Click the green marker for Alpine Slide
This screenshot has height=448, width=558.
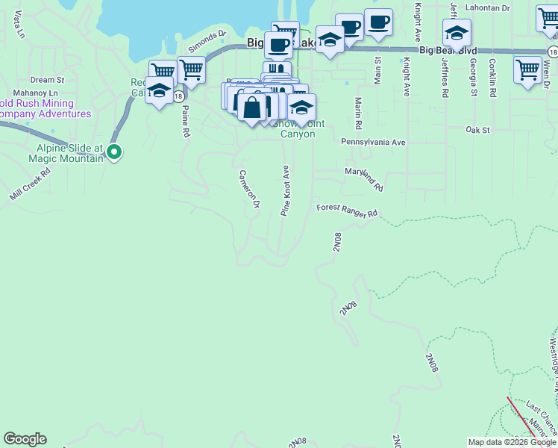click(x=113, y=153)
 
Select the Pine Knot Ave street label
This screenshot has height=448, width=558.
click(x=285, y=191)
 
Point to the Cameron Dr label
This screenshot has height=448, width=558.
click(x=248, y=189)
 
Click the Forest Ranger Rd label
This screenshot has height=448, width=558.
click(x=348, y=211)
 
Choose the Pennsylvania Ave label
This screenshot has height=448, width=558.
click(x=372, y=142)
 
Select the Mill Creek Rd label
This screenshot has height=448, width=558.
click(x=30, y=183)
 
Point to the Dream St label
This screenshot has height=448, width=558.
click(x=48, y=79)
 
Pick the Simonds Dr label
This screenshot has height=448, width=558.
click(x=207, y=42)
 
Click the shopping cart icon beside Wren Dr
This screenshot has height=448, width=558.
click(x=528, y=70)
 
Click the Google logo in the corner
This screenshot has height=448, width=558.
click(x=25, y=439)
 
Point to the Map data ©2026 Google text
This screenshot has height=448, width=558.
click(x=511, y=442)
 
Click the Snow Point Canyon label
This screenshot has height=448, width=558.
click(x=296, y=129)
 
